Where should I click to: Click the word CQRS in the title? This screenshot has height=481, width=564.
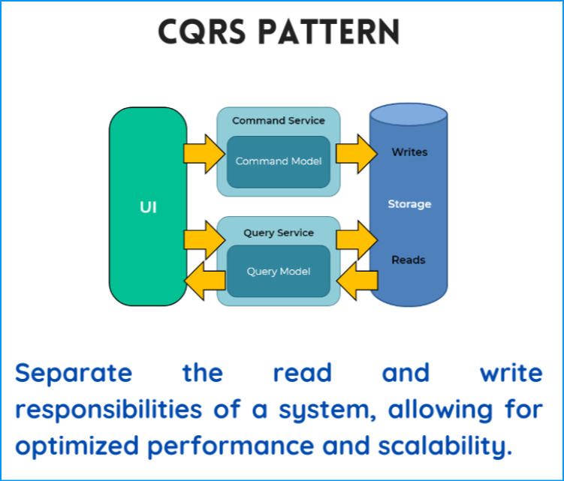click(x=202, y=32)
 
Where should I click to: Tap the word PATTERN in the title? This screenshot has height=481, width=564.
click(x=329, y=32)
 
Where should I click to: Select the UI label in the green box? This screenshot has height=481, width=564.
click(x=148, y=207)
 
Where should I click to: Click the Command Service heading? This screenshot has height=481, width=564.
click(x=279, y=120)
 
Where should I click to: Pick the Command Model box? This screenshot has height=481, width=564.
click(x=279, y=162)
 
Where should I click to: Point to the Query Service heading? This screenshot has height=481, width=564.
click(x=279, y=233)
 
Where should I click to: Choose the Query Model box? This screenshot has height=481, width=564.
click(x=279, y=271)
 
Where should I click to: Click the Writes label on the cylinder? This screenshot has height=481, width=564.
click(x=410, y=152)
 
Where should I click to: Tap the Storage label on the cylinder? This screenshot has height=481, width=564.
click(x=409, y=204)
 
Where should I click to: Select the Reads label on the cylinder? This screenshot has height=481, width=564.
click(x=409, y=260)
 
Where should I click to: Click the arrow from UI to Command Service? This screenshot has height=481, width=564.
click(x=204, y=154)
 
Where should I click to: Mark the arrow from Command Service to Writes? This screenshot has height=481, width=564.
click(x=357, y=154)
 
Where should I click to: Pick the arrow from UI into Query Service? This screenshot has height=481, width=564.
click(x=204, y=240)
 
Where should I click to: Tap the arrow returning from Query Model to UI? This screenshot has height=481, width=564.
click(x=205, y=281)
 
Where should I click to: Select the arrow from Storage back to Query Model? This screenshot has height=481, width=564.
click(x=357, y=281)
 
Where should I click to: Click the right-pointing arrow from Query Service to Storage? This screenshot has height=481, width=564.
click(x=357, y=240)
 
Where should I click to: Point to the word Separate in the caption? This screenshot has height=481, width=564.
click(x=74, y=373)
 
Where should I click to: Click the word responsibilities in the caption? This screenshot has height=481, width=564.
click(x=109, y=410)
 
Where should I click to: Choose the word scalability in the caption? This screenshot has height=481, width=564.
click(x=445, y=446)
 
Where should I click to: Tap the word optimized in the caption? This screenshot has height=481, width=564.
click(x=77, y=446)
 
